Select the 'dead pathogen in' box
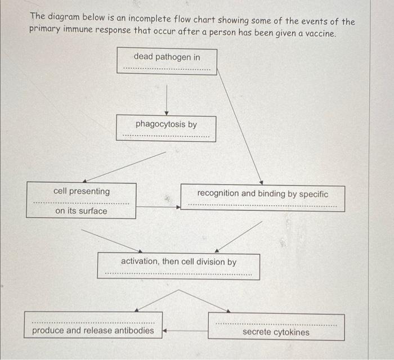pyautogui.click(x=167, y=60)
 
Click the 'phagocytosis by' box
pyautogui.click(x=166, y=128)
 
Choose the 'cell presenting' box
pyautogui.click(x=82, y=200)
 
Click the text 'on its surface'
pyautogui.click(x=81, y=211)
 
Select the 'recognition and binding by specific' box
pyautogui.click(x=262, y=198)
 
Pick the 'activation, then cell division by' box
pyautogui.click(x=178, y=266)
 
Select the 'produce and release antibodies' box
pyautogui.click(x=93, y=326)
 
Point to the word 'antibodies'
pyautogui.click(x=134, y=330)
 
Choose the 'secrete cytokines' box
pyautogui.click(x=276, y=327)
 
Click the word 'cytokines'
pyautogui.click(x=289, y=332)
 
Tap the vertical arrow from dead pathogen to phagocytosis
pyautogui.click(x=166, y=100)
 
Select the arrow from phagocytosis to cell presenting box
pyautogui.click(x=125, y=166)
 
